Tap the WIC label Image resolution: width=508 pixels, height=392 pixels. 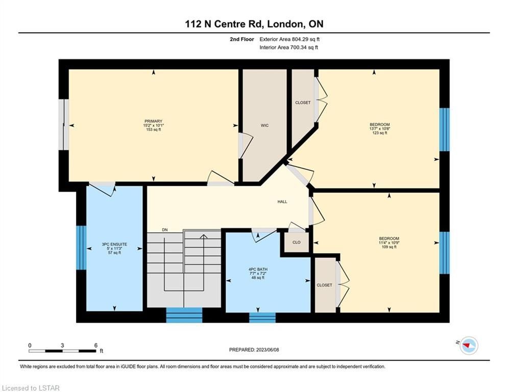tap(264, 126)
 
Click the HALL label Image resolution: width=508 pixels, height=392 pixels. tap(282, 202)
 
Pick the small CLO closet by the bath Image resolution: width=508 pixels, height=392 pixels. tap(297, 242)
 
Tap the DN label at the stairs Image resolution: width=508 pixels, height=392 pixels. tap(165, 230)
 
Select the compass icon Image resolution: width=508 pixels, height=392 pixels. tap(469, 346)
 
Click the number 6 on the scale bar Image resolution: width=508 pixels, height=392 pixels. tap(95, 346)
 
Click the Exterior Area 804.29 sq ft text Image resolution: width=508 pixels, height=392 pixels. tap(289, 39)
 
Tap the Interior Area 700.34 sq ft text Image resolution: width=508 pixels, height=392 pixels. tap(288, 47)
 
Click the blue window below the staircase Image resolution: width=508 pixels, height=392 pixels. tap(184, 315)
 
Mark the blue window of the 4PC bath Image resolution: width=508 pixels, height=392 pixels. tap(262, 317)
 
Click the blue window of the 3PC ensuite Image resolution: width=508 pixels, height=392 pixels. tap(81, 248)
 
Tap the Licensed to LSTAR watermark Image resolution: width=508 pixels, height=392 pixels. tap(31, 388)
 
